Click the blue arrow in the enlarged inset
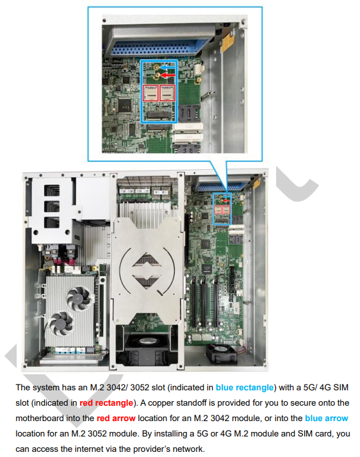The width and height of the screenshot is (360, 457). pos(168,67)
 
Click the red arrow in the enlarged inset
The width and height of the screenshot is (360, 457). pos(168,76)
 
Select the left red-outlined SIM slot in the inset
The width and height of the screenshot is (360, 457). pos(151,93)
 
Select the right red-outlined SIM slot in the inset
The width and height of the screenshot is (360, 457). pos(167,93)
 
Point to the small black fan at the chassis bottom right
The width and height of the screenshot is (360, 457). pos(221,353)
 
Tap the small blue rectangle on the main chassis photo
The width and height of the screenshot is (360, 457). pos(222,209)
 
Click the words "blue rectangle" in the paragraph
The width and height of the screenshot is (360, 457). pos(245,388)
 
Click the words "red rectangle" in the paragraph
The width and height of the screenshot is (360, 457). pos(106,403)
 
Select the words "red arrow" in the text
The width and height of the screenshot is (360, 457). pos(116,419)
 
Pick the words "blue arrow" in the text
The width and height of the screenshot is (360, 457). pos(327,419)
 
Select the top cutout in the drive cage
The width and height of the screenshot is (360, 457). pos(52,190)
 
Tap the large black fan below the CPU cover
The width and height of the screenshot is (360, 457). pos(147,347)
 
